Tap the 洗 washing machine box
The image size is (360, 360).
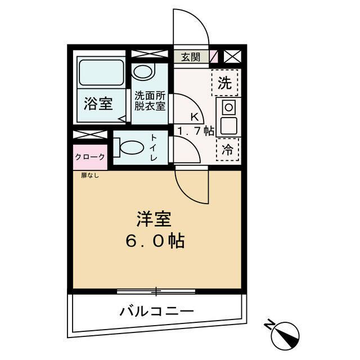click(225, 83)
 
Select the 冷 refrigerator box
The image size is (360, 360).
click(227, 150)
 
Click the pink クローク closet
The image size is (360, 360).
click(89, 156)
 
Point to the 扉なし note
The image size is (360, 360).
click(87, 175)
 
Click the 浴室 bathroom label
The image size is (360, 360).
click(98, 104)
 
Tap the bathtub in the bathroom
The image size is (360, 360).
click(102, 72)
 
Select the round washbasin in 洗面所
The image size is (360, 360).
click(143, 71)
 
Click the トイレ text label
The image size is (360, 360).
click(154, 148)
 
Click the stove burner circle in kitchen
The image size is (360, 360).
click(229, 107)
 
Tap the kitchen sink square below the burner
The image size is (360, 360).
click(228, 125)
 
